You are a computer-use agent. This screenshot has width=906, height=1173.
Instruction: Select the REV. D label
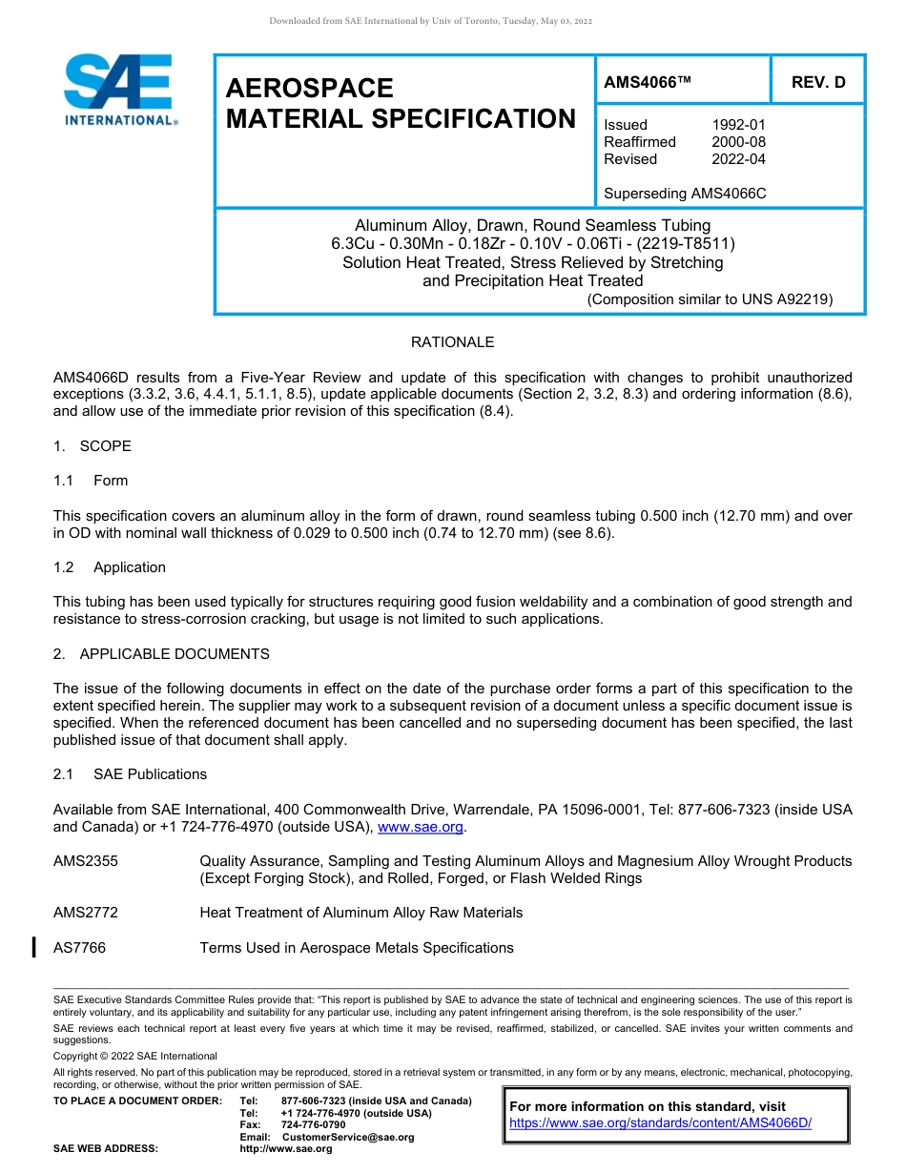(818, 83)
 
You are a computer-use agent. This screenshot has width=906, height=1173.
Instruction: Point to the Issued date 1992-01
(738, 125)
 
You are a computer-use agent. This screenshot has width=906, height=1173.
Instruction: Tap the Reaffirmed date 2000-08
(738, 142)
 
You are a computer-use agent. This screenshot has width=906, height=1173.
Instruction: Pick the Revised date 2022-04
(738, 159)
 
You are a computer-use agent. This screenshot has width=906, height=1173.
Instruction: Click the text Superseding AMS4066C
(685, 194)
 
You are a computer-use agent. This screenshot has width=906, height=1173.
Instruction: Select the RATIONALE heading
(452, 342)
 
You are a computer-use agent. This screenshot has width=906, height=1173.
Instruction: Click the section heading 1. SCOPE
(93, 446)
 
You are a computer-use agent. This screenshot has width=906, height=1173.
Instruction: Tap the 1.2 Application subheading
(110, 567)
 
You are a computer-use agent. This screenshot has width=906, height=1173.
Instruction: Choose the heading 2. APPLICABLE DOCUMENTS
(161, 654)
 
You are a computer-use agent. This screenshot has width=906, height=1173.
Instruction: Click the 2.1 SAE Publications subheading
(130, 774)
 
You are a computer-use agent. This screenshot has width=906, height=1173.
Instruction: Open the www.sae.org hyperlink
(421, 827)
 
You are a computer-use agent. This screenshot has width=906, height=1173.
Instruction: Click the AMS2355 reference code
(86, 861)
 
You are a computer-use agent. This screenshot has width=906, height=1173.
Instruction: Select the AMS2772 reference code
(86, 913)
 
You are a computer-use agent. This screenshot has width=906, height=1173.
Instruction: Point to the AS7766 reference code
(79, 948)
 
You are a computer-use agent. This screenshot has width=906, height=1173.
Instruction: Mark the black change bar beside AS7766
(34, 947)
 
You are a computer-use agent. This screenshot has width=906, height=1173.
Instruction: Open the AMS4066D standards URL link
(660, 1123)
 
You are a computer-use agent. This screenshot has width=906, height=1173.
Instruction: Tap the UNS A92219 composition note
(710, 299)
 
